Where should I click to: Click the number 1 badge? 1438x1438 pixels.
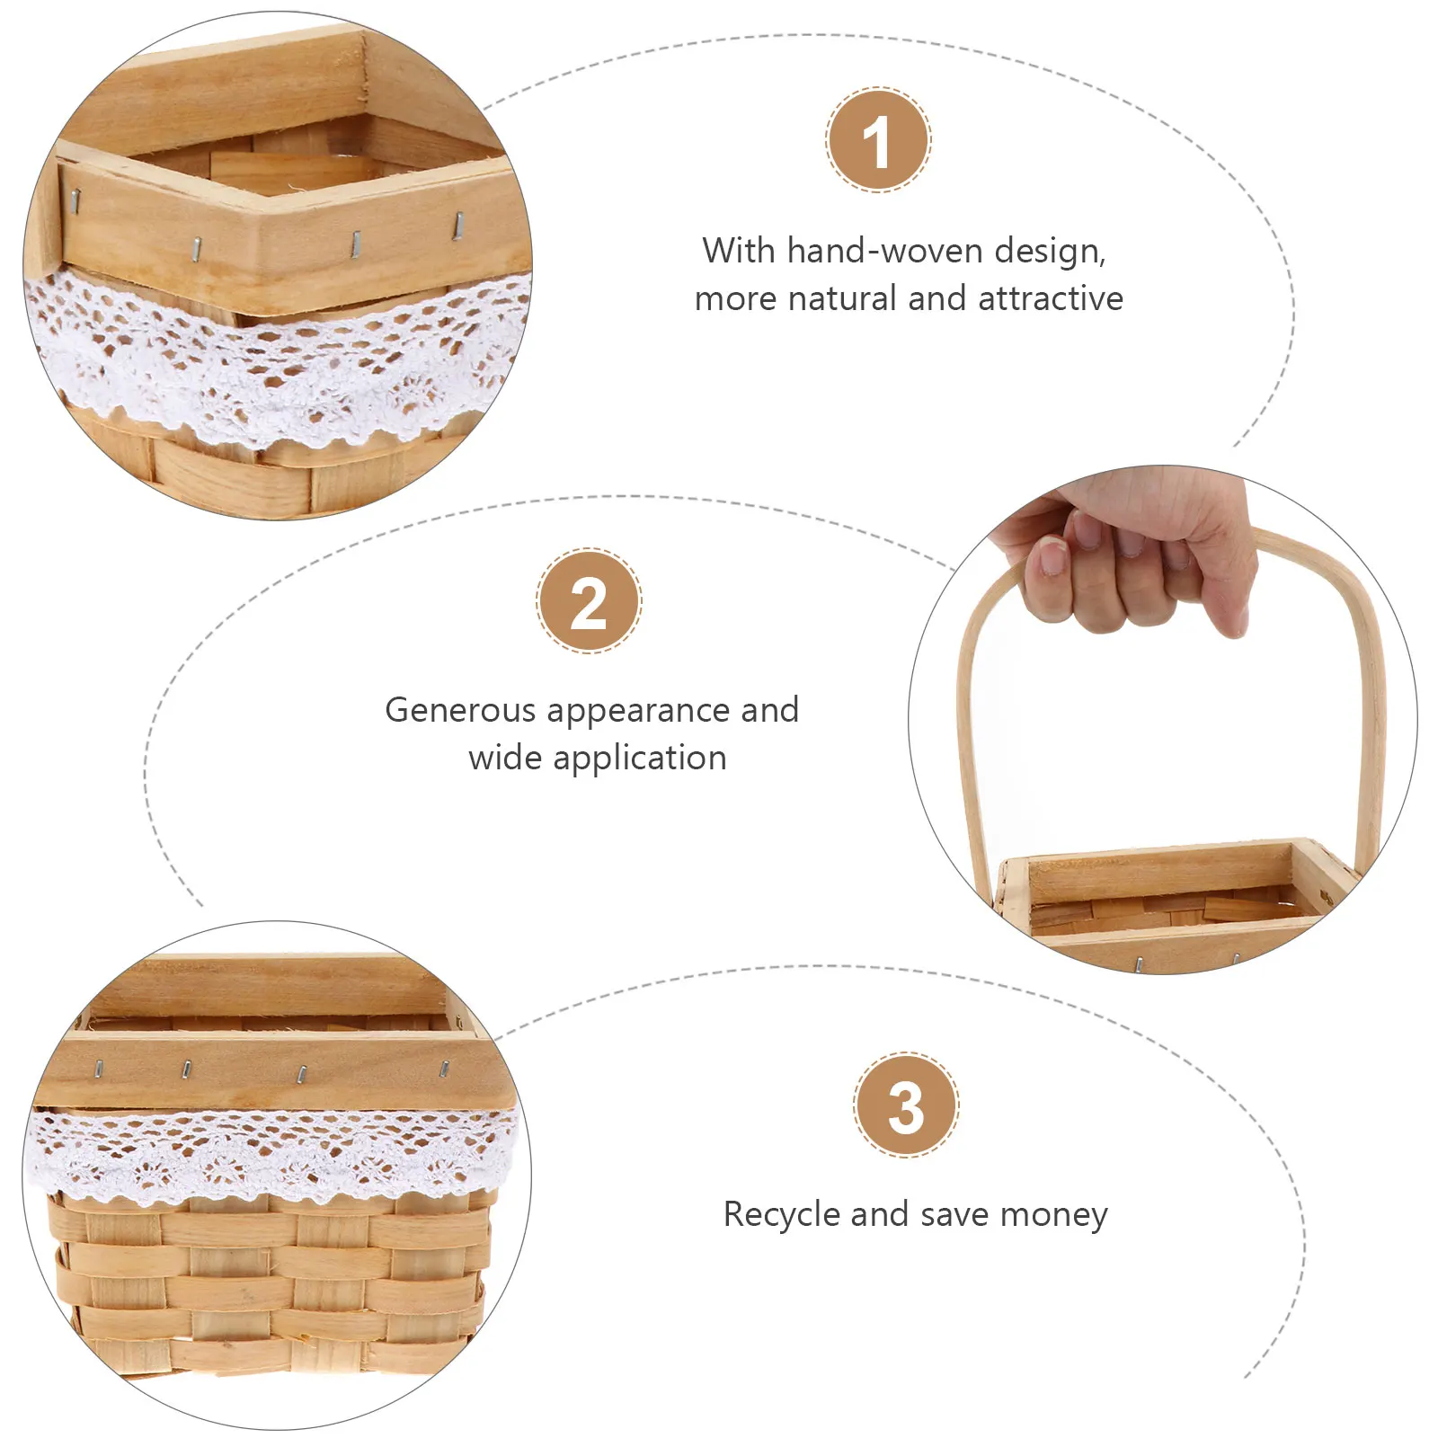pyautogui.click(x=878, y=140)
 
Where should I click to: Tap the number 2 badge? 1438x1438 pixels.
pyautogui.click(x=589, y=600)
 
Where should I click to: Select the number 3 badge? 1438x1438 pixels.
pyautogui.click(x=906, y=1105)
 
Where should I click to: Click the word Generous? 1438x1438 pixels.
pyautogui.click(x=460, y=710)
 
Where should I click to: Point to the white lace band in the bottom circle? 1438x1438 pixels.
pyautogui.click(x=270, y=1155)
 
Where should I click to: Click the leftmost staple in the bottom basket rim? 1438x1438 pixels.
pyautogui.click(x=99, y=1068)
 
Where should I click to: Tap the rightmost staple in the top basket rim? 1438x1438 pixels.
pyautogui.click(x=457, y=225)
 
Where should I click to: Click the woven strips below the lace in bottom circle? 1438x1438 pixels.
pyautogui.click(x=270, y=1285)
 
